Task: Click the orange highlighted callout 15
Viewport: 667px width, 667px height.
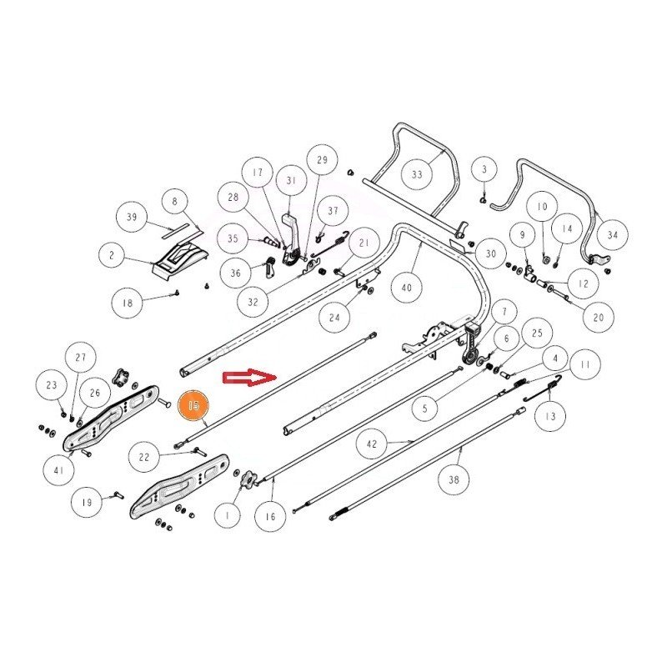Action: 193,404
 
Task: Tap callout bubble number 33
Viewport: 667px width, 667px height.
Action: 417,174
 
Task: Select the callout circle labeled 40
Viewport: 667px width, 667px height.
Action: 407,288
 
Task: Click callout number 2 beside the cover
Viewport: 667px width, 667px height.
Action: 113,255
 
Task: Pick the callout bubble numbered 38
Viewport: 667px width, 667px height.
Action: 454,480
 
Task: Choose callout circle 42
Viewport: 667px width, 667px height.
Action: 372,444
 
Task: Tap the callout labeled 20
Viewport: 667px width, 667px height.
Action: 599,318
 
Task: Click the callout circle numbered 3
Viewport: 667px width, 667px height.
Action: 484,170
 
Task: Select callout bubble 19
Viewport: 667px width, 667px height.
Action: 87,503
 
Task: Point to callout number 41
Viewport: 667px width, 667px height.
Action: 59,470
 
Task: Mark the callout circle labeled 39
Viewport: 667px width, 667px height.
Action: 132,217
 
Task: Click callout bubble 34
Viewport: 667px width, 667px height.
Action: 613,235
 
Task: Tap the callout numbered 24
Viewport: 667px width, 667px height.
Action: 334,318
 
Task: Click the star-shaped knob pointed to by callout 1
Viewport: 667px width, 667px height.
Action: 248,479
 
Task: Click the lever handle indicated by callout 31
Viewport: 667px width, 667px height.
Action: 291,238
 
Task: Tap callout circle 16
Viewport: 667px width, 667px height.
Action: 270,516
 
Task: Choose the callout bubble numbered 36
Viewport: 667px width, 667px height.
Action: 235,273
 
